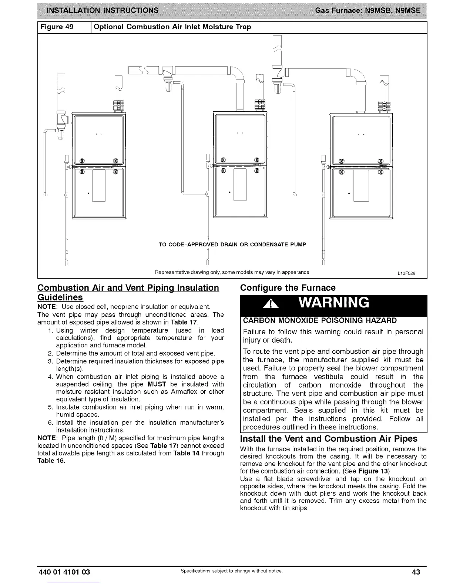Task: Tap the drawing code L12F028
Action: click(406, 273)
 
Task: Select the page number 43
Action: click(416, 572)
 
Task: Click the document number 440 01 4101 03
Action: click(64, 572)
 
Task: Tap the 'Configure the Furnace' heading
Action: click(288, 288)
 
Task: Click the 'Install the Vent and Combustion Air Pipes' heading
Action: click(329, 439)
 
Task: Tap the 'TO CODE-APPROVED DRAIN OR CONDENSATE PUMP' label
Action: click(232, 245)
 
